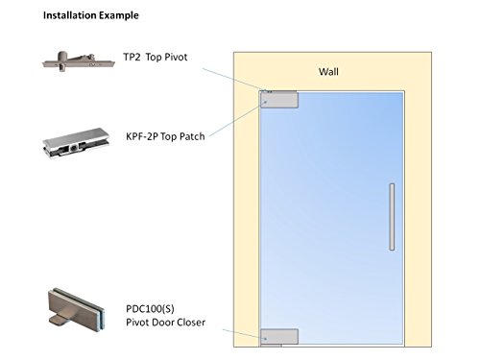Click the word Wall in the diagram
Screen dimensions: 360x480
[330, 72]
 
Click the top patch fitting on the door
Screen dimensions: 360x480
[280, 99]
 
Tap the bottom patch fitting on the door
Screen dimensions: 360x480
[279, 336]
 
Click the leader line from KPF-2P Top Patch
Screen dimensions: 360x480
[236, 120]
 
